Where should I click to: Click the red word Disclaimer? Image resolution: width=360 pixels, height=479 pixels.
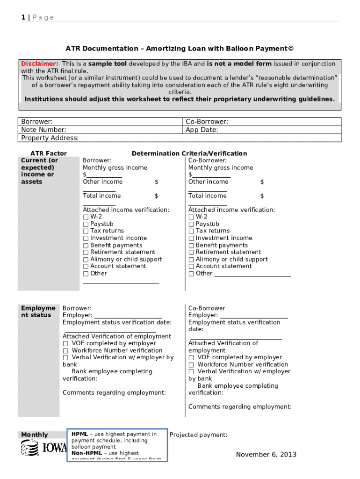click(40, 64)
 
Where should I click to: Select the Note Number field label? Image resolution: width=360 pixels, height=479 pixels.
click(43, 130)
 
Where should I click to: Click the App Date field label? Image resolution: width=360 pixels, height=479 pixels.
click(202, 130)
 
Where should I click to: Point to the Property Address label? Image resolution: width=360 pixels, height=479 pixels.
click(50, 138)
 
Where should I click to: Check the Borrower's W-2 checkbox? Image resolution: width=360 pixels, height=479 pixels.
click(86, 217)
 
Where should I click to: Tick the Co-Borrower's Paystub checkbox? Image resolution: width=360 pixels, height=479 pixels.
click(191, 224)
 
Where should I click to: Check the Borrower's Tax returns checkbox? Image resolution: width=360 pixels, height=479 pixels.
click(86, 231)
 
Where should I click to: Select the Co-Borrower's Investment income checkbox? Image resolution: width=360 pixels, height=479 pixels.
click(191, 238)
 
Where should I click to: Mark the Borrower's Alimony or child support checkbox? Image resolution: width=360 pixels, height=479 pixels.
click(86, 260)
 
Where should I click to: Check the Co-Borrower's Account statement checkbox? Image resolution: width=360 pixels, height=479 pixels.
click(191, 266)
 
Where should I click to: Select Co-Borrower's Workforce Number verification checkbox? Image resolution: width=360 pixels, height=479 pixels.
click(191, 365)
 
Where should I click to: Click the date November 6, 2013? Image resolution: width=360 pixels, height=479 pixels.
click(266, 455)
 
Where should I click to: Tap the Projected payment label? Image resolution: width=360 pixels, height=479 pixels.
click(198, 435)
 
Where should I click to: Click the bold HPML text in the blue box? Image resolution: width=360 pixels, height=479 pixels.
click(79, 435)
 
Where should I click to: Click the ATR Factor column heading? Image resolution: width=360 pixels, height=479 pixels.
click(48, 153)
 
